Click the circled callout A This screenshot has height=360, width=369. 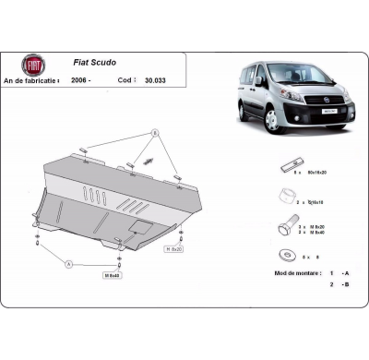pyautogui.click(x=68, y=263)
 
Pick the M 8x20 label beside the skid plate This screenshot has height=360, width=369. pyautogui.click(x=173, y=249)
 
